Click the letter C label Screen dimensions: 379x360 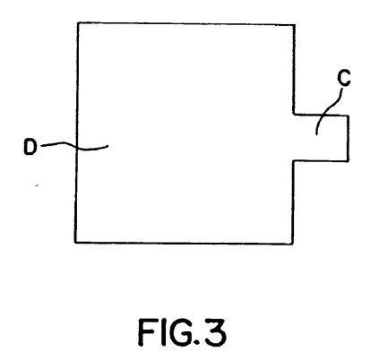pos(344,79)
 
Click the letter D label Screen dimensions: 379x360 pos(30,147)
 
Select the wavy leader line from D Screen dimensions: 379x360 pos(74,147)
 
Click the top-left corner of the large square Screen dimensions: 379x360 pos(78,22)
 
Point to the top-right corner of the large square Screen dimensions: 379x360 pos(295,25)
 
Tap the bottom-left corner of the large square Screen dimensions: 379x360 pos(75,242)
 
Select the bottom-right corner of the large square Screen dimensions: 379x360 pos(293,244)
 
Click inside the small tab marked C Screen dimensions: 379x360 pos(321,138)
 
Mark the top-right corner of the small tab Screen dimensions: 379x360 pos(349,116)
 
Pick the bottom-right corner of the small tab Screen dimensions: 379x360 pos(349,161)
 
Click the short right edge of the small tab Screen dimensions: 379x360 pos(349,138)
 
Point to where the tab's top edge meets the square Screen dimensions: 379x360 pos(294,114)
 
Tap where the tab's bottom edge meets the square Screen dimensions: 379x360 pos(294,161)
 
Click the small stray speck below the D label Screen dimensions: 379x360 pos(38,185)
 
